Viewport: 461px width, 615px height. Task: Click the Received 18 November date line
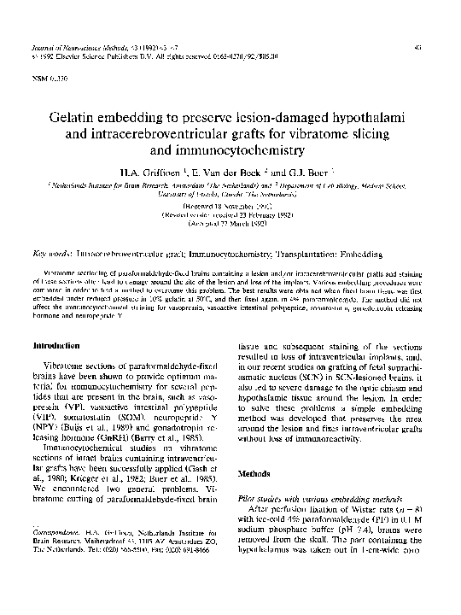(229, 207)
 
